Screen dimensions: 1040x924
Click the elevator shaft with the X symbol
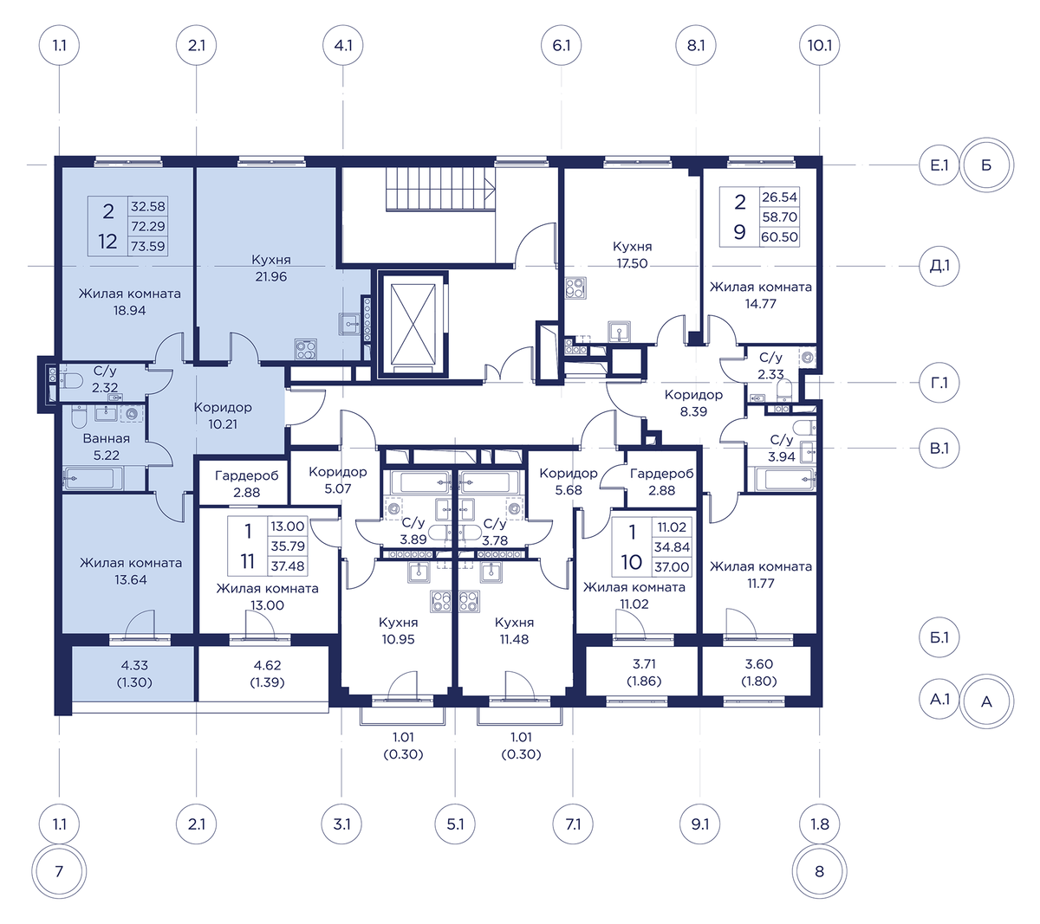coord(413,324)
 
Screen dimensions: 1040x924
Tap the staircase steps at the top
coord(441,191)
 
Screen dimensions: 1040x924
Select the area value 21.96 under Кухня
coord(271,277)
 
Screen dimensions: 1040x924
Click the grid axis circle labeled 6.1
coord(561,46)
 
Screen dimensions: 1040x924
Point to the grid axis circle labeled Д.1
coord(939,266)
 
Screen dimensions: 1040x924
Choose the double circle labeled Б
coord(986,165)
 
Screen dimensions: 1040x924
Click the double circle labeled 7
coord(59,871)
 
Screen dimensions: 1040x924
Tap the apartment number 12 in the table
coord(107,241)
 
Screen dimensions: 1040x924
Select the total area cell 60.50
coord(779,237)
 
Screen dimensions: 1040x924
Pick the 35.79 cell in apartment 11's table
coord(288,546)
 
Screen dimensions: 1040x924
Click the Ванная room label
coord(107,439)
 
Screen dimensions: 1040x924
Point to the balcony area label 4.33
coord(134,665)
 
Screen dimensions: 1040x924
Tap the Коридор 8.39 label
coord(693,404)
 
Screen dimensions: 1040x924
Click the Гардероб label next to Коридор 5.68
coord(661,474)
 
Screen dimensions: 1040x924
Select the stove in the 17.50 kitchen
coord(576,288)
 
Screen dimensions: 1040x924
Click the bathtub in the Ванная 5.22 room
coord(93,479)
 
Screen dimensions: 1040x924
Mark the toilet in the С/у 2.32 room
coord(71,381)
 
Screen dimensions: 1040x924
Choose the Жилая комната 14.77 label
coord(760,295)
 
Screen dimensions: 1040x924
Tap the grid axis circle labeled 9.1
coord(699,824)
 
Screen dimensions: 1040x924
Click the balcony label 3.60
coord(758,664)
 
